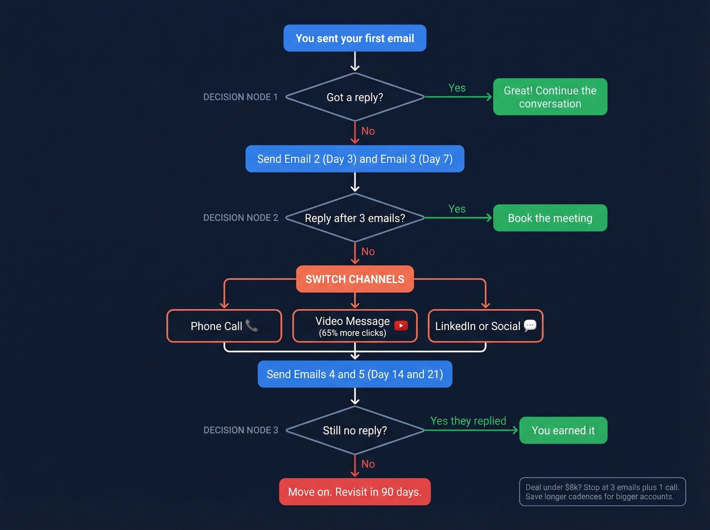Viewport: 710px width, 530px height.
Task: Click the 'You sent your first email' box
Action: click(x=354, y=38)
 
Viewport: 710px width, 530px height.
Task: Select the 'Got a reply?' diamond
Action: click(x=354, y=97)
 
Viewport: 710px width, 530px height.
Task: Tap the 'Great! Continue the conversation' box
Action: click(x=550, y=97)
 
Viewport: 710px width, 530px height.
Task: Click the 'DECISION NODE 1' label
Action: click(x=240, y=97)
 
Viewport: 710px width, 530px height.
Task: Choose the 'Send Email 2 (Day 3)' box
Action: click(x=354, y=159)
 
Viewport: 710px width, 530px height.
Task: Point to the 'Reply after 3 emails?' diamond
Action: click(x=354, y=218)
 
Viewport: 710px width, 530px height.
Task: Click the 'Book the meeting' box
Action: click(x=550, y=218)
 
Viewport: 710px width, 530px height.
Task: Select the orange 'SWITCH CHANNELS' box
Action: click(x=354, y=279)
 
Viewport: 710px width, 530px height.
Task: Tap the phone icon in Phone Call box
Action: click(x=252, y=326)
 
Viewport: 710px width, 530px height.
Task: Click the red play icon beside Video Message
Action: click(x=401, y=326)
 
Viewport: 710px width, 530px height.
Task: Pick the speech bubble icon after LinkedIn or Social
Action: click(x=530, y=326)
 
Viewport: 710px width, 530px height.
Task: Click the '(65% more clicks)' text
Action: click(x=352, y=333)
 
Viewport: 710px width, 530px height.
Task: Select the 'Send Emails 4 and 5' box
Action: click(x=354, y=374)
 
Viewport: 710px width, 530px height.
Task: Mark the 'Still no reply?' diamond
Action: click(x=354, y=431)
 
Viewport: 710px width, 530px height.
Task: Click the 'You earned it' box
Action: click(x=563, y=431)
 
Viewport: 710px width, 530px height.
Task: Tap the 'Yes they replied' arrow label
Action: click(x=468, y=421)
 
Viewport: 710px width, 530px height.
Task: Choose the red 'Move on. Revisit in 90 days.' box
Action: click(x=354, y=492)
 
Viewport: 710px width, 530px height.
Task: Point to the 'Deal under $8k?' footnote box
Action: click(x=602, y=492)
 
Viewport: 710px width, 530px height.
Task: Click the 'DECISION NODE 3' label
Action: click(x=240, y=430)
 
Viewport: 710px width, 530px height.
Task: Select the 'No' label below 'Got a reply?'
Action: click(x=368, y=131)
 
